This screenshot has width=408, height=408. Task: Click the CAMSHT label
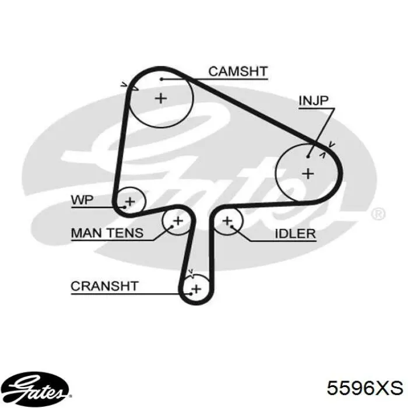(238, 72)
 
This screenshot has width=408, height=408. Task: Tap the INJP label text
(314, 101)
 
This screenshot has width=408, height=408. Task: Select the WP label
(82, 201)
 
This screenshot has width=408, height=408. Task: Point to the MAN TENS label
(107, 233)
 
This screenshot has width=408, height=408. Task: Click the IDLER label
(295, 234)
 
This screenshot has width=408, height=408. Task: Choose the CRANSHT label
(104, 286)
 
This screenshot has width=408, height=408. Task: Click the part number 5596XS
(364, 388)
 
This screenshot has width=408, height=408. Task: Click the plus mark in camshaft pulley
(161, 98)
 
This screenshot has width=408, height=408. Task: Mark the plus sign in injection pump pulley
(308, 173)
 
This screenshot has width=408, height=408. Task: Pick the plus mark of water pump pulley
(130, 202)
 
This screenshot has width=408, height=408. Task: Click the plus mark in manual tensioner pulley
(178, 220)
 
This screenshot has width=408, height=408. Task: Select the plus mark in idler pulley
(227, 220)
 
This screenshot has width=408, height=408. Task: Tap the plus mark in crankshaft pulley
(196, 288)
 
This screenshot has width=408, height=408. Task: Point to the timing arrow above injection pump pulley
(332, 143)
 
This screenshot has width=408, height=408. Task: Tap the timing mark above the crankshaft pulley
(190, 271)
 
